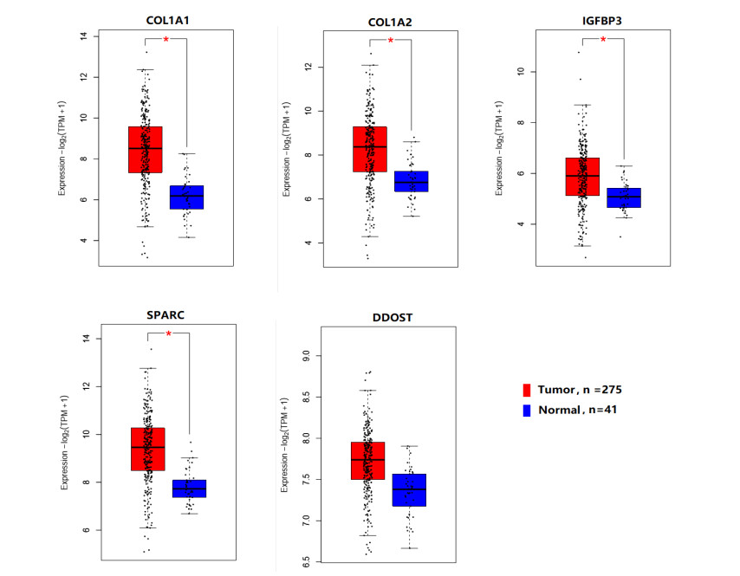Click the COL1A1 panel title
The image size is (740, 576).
tap(167, 19)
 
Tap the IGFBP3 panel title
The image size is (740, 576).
tap(604, 19)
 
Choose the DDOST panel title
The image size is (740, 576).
tap(386, 318)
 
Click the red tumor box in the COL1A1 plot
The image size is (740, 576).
tap(146, 149)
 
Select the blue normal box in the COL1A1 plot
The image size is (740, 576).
tap(186, 197)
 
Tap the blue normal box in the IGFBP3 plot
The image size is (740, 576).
tap(624, 197)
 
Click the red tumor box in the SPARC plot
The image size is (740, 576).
tap(147, 449)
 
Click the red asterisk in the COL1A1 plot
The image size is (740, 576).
tap(166, 40)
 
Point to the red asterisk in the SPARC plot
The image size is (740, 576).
tap(168, 334)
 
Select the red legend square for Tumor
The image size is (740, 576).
tap(526, 389)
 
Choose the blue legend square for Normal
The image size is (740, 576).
tap(526, 409)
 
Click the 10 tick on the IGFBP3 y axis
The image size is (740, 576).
tap(520, 72)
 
